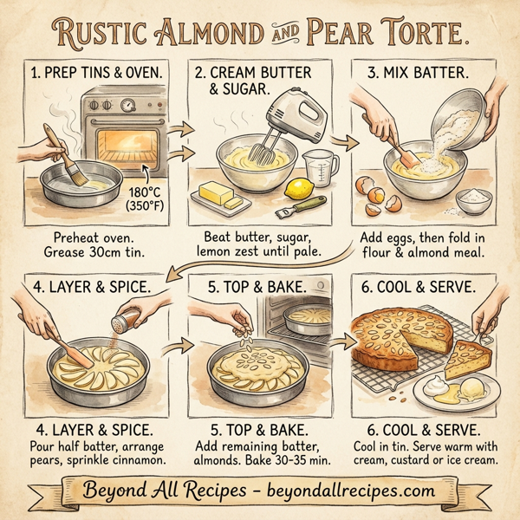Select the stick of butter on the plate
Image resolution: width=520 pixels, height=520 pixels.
[x=220, y=192]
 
